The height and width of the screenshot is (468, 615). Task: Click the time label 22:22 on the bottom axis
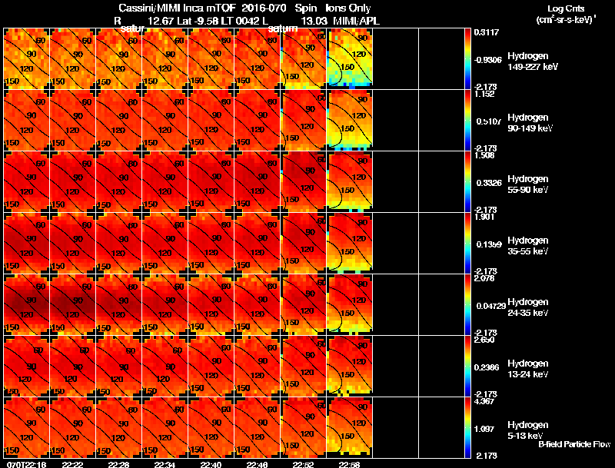pyautogui.click(x=72, y=464)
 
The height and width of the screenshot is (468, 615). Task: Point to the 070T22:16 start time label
pyautogui.click(x=25, y=464)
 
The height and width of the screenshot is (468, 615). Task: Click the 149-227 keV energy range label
pyautogui.click(x=532, y=67)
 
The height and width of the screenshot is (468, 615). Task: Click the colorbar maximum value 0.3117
pyautogui.click(x=485, y=32)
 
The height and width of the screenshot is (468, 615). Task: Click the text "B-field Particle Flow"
pyautogui.click(x=574, y=444)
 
